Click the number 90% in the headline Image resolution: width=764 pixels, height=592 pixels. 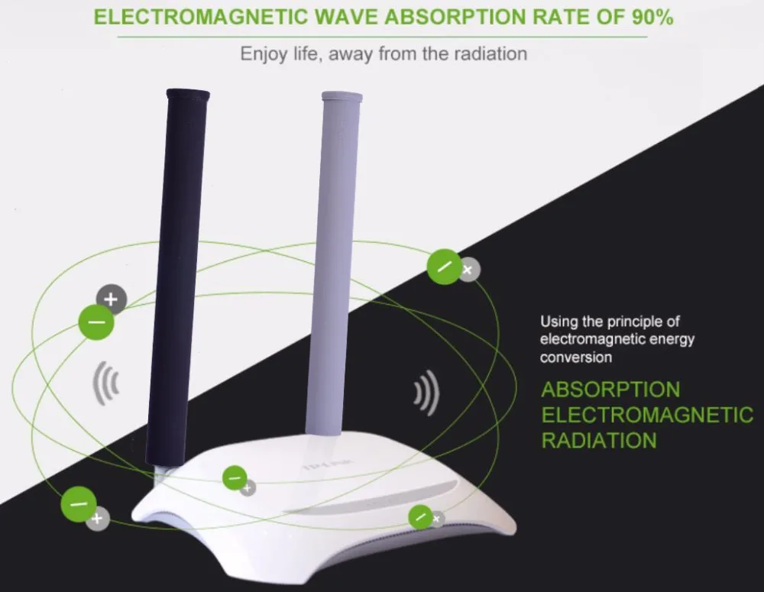click(652, 18)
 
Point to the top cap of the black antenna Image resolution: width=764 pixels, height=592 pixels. click(188, 95)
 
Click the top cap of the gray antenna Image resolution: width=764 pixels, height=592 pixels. click(342, 97)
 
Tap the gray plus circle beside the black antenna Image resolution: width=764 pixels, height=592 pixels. click(111, 299)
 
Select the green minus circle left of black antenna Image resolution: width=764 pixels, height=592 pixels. click(96, 322)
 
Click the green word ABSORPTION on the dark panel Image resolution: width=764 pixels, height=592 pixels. click(610, 390)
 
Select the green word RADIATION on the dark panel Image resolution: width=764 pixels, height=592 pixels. click(599, 440)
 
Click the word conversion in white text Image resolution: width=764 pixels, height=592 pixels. click(576, 357)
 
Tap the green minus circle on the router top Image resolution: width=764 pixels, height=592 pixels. click(235, 478)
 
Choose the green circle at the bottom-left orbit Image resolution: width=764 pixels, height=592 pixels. click(79, 503)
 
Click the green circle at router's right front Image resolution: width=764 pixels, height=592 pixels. click(420, 517)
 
